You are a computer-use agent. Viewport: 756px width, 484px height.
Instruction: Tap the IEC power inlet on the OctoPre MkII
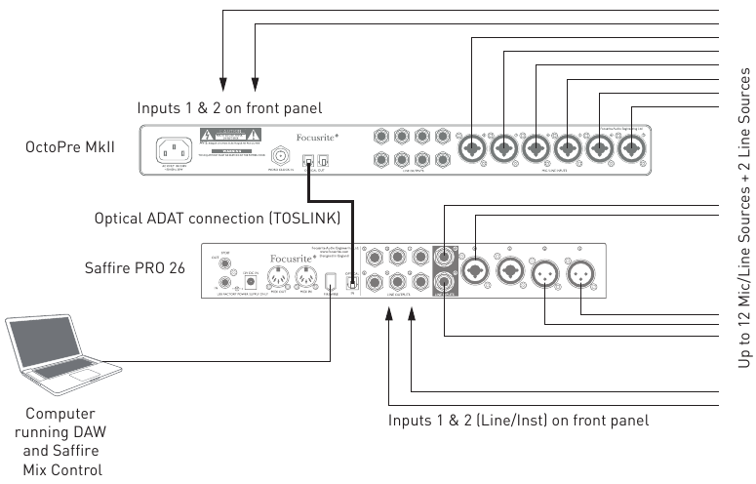176,150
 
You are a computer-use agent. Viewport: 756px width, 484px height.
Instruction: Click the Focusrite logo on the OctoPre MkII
320,138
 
